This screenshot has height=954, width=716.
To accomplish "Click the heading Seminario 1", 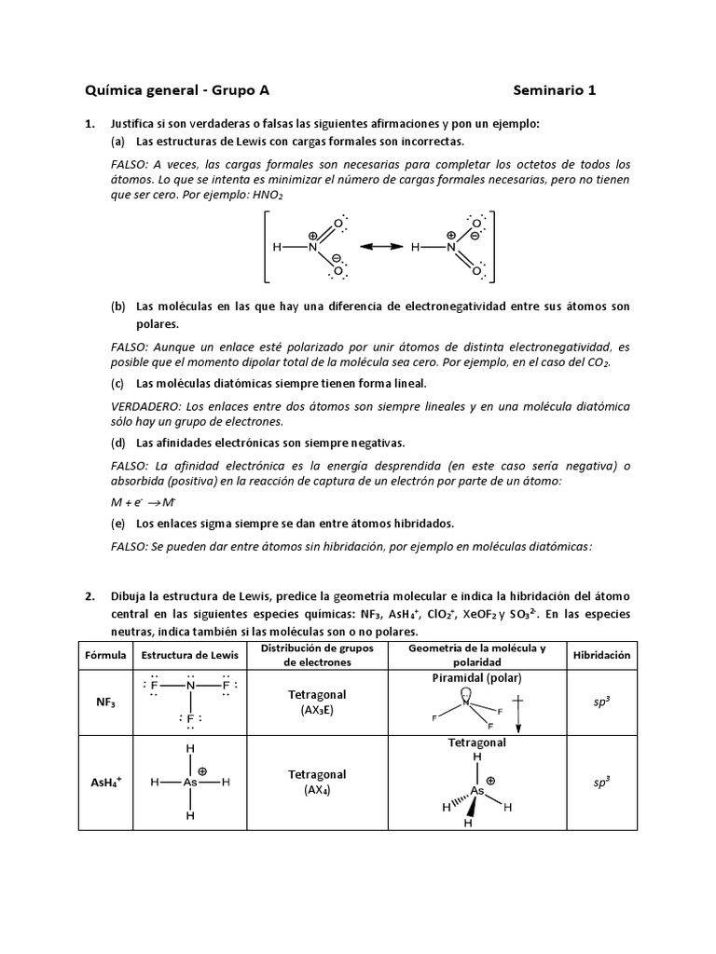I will (554, 90).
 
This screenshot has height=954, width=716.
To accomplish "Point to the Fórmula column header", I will (105, 655).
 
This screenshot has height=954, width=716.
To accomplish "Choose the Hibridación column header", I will (601, 655).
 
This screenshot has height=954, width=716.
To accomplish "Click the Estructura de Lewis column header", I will (189, 655).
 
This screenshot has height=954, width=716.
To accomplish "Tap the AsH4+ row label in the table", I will (105, 783).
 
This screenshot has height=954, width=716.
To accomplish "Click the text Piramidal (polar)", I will (476, 677).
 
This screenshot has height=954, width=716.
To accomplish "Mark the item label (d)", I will (117, 443).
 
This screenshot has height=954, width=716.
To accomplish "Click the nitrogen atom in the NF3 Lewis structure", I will (190, 687).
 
